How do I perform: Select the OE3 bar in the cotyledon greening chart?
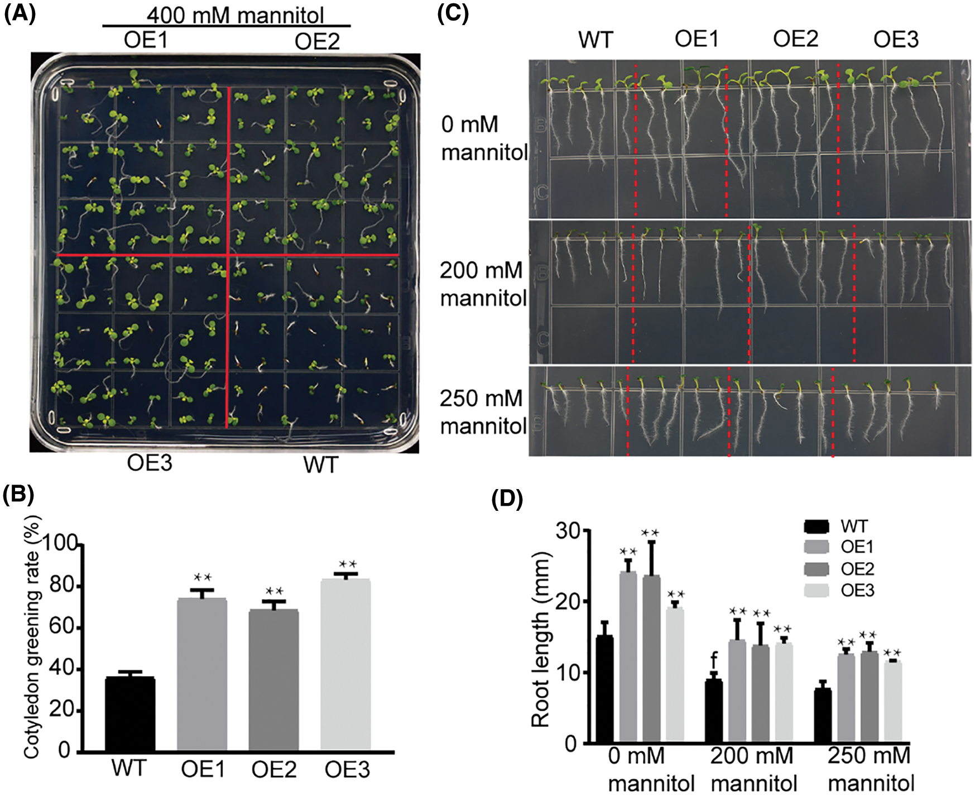(345, 664)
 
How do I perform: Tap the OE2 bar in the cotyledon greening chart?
(273, 679)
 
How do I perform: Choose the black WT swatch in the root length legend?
(817, 526)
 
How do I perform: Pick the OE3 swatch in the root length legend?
(817, 591)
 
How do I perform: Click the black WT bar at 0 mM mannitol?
(605, 689)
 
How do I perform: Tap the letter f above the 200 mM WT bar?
(714, 660)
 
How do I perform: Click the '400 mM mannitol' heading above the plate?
(235, 15)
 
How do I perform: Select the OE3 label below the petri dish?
(150, 463)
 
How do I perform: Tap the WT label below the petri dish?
(321, 464)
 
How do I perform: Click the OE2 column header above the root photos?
(795, 39)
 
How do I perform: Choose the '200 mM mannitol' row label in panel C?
(483, 284)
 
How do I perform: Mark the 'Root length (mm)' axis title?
(540, 640)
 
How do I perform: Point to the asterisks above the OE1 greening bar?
(202, 577)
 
